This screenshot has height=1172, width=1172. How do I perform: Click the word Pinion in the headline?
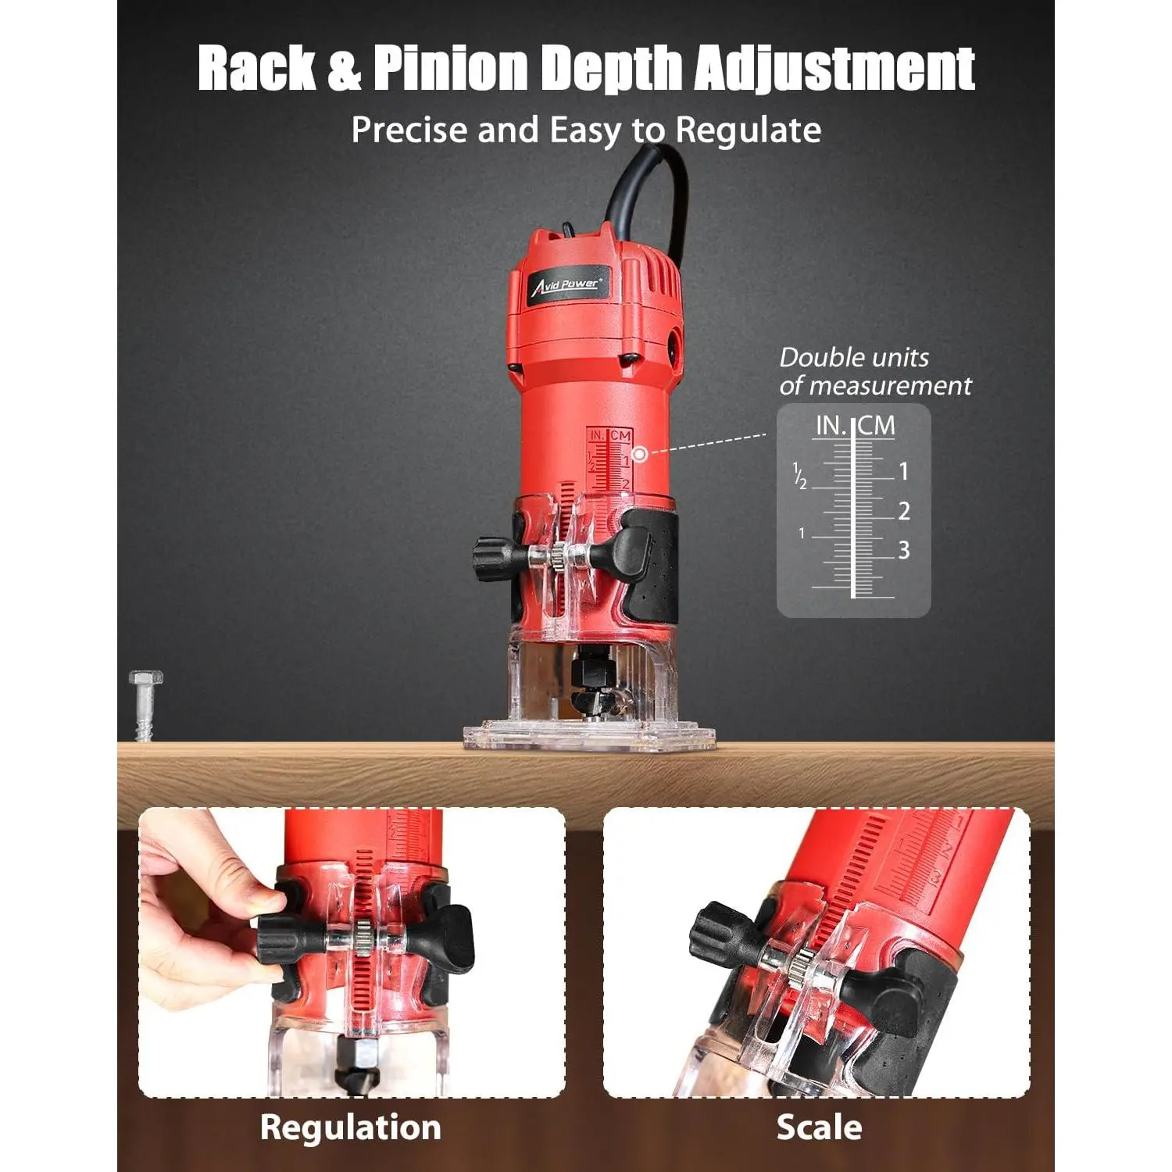tap(452, 67)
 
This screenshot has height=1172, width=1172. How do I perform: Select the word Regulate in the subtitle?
tap(749, 130)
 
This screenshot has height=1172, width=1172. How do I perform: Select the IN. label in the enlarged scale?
tap(831, 426)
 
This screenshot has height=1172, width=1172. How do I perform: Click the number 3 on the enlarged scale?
tap(904, 550)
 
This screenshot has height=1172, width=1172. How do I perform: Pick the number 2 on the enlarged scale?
tap(904, 511)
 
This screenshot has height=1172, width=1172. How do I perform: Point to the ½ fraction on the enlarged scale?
tap(799, 476)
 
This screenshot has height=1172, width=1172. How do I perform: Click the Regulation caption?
tap(351, 1127)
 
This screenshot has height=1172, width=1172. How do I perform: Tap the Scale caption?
tap(819, 1127)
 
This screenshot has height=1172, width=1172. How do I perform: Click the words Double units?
tap(854, 358)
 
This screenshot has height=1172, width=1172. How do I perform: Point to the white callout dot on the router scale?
tap(639, 453)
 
